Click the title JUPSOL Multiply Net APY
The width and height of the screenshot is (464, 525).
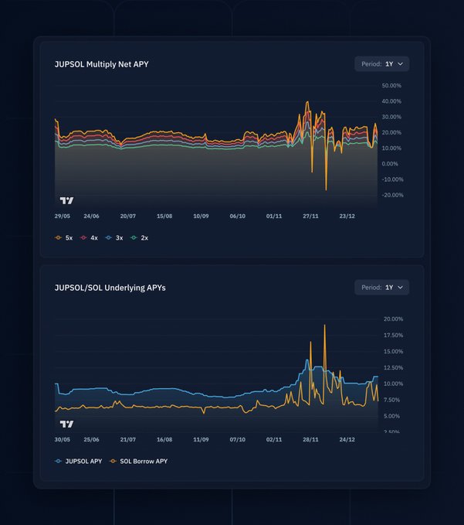101,64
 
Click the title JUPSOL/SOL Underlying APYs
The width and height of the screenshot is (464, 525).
110,288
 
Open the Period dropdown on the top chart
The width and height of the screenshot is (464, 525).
382,64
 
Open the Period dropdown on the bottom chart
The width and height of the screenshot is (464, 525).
382,288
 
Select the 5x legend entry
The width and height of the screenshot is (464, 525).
64,237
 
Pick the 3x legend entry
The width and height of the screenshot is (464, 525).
114,237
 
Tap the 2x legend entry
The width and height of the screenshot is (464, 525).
140,237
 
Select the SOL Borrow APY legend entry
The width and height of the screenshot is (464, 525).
138,461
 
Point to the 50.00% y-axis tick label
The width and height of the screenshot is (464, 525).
391,85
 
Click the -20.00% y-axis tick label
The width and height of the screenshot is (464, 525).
391,195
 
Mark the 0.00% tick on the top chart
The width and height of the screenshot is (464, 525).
390,164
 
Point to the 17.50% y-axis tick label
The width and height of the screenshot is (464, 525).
393,336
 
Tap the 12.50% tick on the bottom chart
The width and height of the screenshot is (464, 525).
393,368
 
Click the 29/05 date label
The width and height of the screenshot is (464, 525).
63,216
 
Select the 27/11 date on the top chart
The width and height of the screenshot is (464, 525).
310,216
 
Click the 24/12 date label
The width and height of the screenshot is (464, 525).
347,439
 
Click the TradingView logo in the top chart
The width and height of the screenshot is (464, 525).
67,200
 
